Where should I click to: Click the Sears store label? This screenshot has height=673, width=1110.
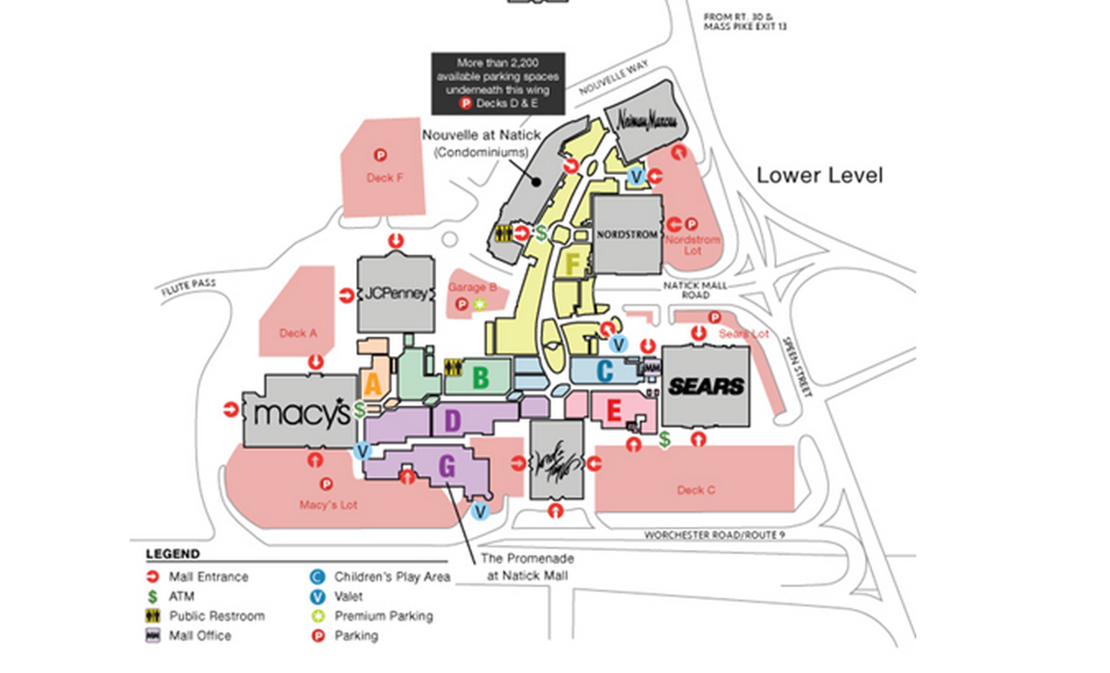pyautogui.click(x=706, y=386)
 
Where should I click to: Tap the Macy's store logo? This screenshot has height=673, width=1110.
pyautogui.click(x=301, y=414)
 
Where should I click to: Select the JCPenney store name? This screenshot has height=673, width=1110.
pyautogui.click(x=396, y=293)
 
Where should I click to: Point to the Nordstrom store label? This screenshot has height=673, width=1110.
pyautogui.click(x=627, y=234)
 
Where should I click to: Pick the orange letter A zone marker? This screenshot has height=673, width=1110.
pyautogui.click(x=372, y=384)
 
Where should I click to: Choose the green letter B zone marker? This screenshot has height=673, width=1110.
pyautogui.click(x=480, y=378)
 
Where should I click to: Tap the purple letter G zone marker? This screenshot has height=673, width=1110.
pyautogui.click(x=447, y=467)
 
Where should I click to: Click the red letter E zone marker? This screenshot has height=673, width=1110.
pyautogui.click(x=614, y=410)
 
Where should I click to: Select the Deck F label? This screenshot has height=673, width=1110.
pyautogui.click(x=384, y=178)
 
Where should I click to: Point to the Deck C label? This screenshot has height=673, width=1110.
pyautogui.click(x=696, y=490)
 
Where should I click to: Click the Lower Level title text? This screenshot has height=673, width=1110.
pyautogui.click(x=820, y=176)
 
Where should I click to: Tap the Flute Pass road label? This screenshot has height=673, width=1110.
pyautogui.click(x=188, y=287)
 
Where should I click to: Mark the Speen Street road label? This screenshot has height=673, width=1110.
pyautogui.click(x=797, y=366)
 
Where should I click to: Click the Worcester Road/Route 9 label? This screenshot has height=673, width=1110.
pyautogui.click(x=714, y=535)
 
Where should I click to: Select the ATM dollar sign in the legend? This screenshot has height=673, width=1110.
pyautogui.click(x=153, y=597)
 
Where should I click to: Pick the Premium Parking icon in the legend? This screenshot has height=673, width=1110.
pyautogui.click(x=317, y=616)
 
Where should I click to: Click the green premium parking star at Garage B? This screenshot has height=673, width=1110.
pyautogui.click(x=479, y=304)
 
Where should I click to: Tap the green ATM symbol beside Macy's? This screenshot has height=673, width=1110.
pyautogui.click(x=360, y=410)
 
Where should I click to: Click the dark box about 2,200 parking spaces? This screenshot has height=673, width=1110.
pyautogui.click(x=498, y=83)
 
